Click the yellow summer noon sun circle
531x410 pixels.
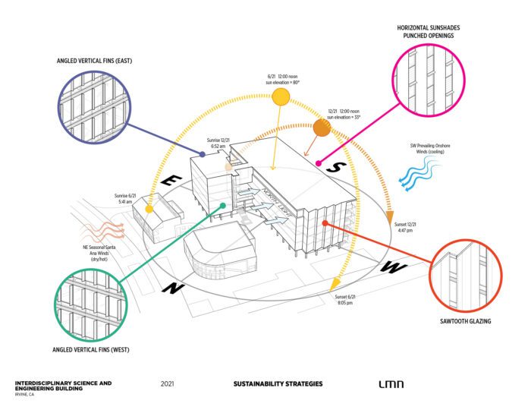(x=281, y=96)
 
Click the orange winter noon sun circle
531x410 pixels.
(x=320, y=129)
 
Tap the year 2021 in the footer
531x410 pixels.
(x=168, y=383)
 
